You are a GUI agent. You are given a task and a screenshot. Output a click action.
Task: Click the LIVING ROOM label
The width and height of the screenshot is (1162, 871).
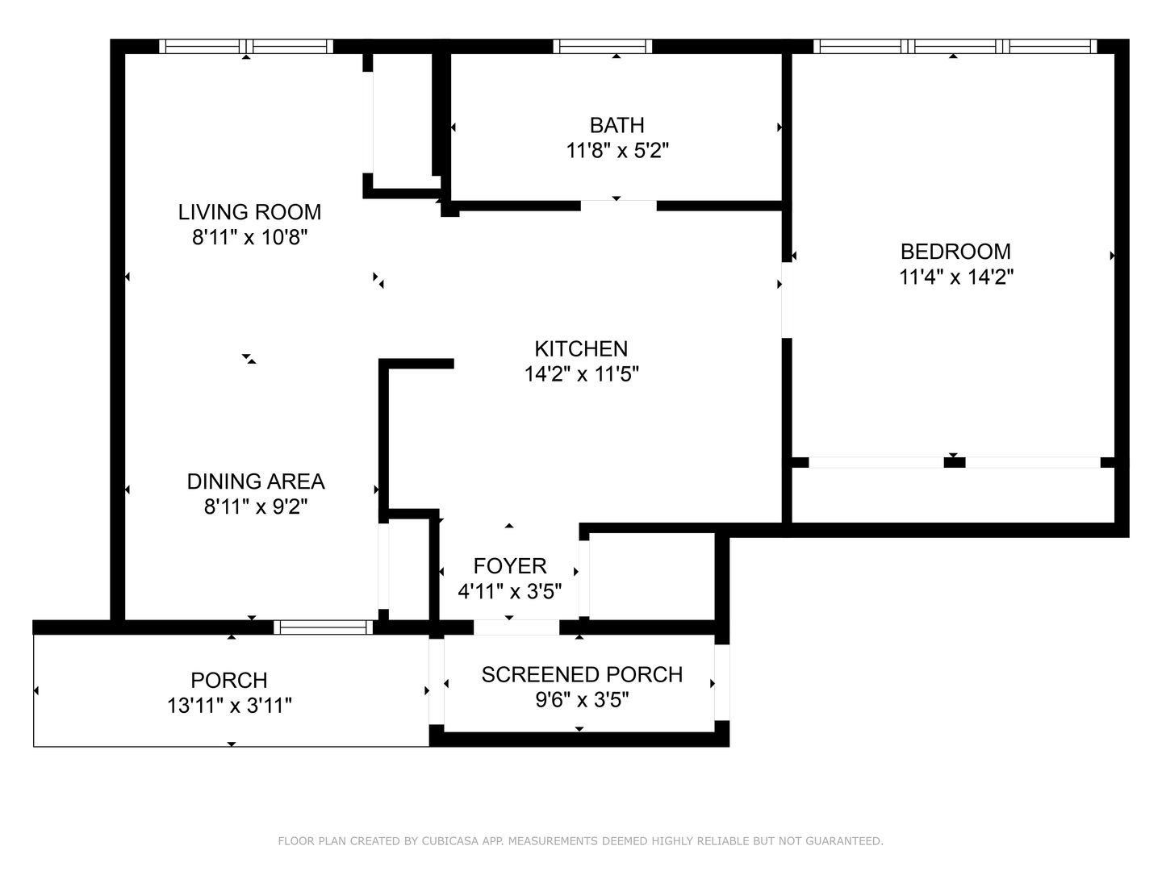[249, 212]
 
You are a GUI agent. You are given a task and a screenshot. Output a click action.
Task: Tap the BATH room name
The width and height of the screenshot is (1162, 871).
[617, 125]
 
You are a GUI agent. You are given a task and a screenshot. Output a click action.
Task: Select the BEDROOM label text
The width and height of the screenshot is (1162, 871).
[955, 252]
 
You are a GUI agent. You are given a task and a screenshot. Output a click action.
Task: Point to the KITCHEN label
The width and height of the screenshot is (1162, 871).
[581, 349]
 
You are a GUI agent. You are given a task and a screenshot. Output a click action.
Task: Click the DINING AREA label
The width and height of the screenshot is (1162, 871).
[256, 481]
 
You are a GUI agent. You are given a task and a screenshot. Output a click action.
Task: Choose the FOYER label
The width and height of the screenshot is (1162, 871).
[510, 566]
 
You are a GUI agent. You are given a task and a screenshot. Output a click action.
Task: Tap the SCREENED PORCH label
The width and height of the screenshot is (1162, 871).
[582, 675]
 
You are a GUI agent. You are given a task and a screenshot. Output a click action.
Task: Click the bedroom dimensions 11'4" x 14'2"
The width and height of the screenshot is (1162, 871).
[956, 277]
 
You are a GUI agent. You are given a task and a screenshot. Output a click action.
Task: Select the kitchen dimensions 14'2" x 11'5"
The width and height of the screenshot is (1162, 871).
[581, 374]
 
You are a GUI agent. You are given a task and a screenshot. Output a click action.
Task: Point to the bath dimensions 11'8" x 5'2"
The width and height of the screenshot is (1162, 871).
[617, 152]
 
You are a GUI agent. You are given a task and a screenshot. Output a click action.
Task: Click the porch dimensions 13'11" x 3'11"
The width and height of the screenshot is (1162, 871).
[229, 706]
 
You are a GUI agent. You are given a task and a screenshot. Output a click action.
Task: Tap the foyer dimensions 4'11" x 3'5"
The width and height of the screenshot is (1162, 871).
[509, 592]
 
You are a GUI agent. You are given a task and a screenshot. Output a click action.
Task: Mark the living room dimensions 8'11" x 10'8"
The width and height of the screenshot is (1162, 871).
[249, 237]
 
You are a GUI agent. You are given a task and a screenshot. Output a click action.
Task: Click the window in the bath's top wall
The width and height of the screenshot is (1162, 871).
[603, 47]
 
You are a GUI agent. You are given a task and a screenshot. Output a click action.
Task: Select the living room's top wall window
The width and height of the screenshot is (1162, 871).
[246, 47]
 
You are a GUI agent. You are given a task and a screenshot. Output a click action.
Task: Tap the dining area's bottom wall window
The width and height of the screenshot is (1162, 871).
[324, 627]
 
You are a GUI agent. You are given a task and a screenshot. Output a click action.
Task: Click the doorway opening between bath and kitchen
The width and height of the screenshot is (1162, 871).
[618, 206]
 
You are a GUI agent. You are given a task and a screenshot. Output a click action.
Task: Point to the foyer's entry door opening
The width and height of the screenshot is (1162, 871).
[516, 627]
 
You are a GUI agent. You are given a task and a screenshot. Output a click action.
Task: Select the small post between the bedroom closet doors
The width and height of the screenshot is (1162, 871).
[955, 463]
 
